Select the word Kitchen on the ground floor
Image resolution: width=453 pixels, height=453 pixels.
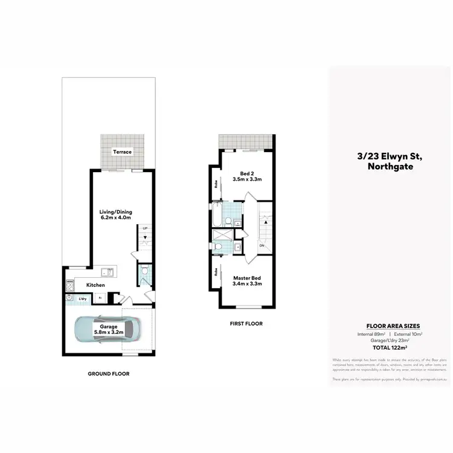[x=95, y=285]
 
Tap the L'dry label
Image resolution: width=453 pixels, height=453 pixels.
[x=82, y=298]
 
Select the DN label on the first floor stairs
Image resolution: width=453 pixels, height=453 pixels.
[x=262, y=246]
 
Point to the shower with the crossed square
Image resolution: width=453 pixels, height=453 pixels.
[x=220, y=236]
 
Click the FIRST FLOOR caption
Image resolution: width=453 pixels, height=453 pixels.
[x=246, y=324]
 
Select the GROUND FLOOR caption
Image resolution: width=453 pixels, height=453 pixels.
[x=109, y=374]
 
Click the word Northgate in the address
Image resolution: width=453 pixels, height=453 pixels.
[x=390, y=167]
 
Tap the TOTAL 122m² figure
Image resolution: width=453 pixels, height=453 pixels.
[x=390, y=348]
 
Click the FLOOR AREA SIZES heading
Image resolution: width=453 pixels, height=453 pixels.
[x=390, y=325]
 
